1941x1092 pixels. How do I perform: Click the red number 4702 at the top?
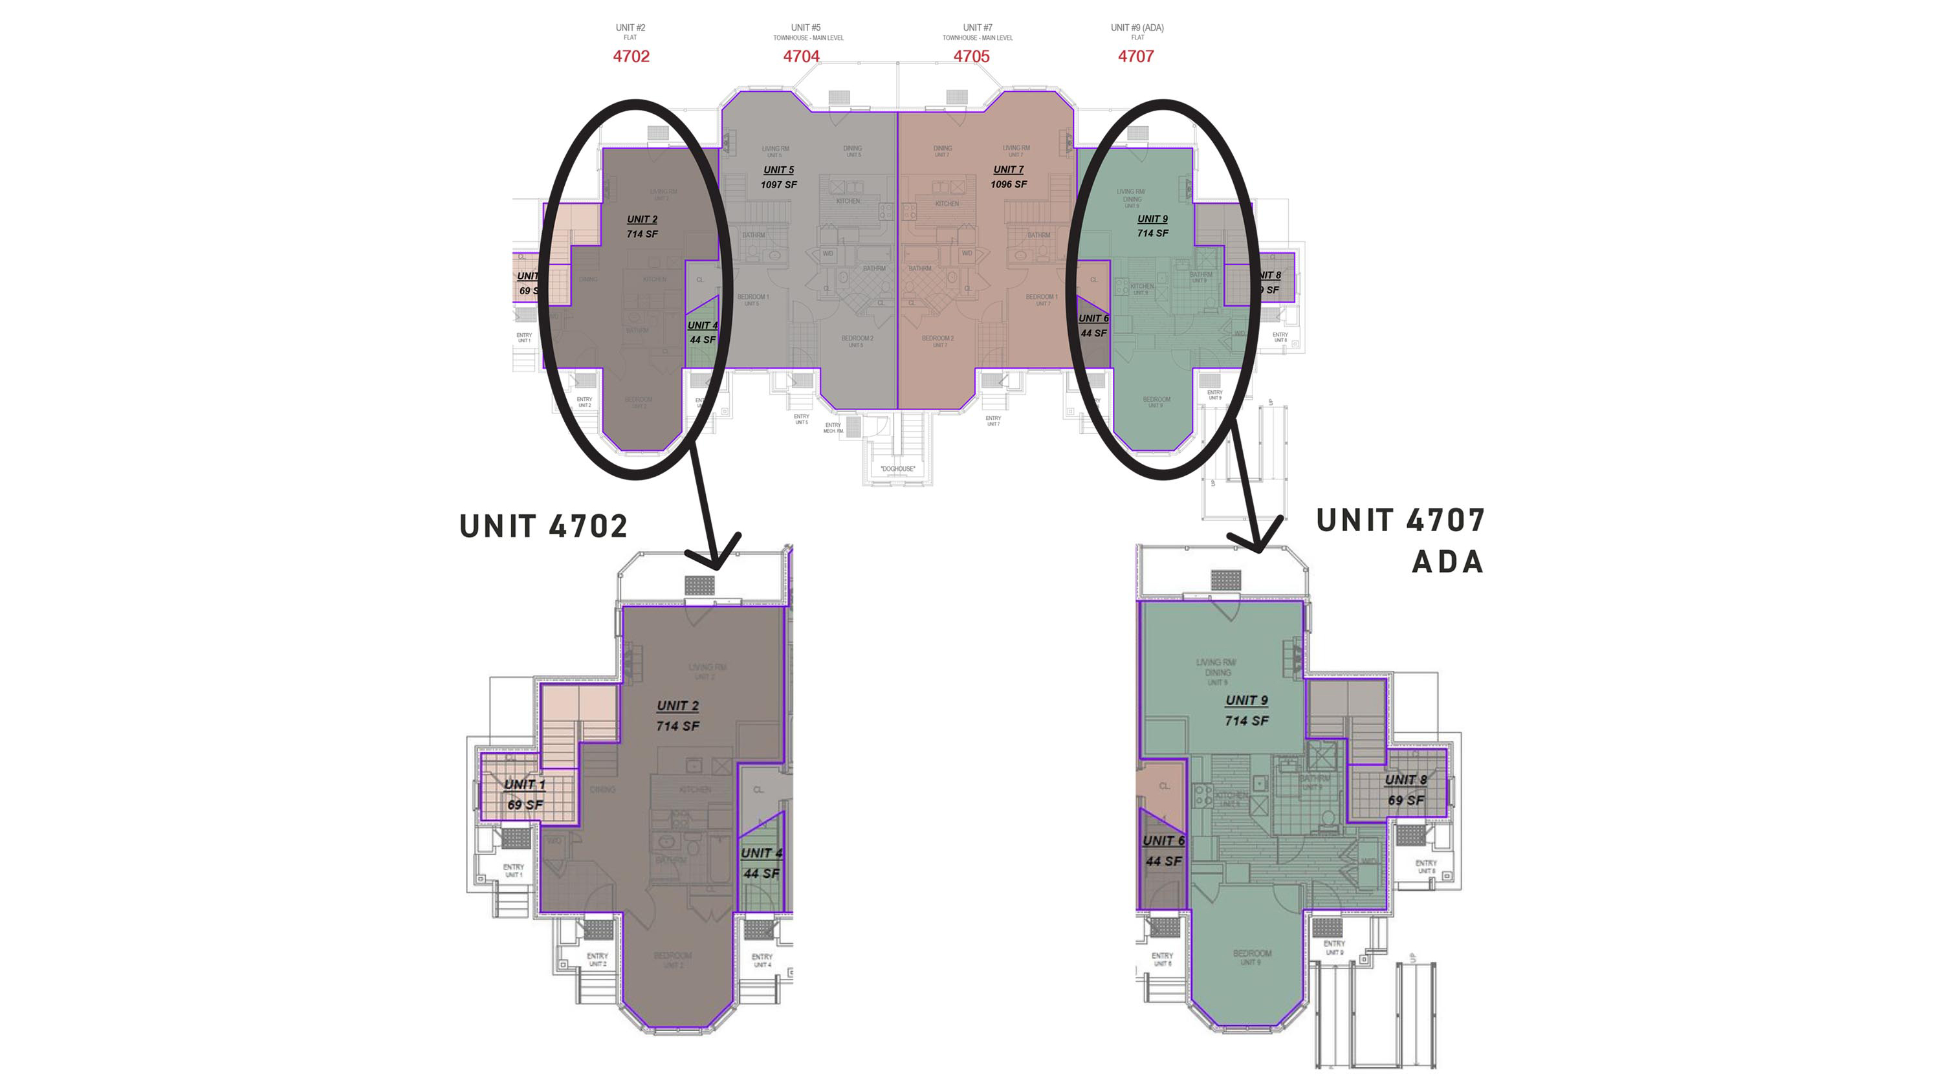pos(631,56)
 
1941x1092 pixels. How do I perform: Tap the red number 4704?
pos(801,56)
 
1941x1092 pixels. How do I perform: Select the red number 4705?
pos(971,56)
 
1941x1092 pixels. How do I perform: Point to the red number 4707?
pos(1135,56)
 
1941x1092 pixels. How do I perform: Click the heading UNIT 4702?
pos(543,526)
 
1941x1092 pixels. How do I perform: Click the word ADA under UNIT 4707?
pos(1447,562)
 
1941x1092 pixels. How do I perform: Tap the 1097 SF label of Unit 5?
pos(778,184)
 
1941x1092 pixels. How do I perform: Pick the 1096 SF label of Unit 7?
pos(1008,184)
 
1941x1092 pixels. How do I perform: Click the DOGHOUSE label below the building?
pos(897,469)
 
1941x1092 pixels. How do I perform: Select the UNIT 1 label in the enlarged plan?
pos(525,785)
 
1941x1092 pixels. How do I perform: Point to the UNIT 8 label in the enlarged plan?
pos(1405,780)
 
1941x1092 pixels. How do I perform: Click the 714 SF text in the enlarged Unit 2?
pos(677,726)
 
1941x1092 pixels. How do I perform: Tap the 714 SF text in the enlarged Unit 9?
pos(1246,721)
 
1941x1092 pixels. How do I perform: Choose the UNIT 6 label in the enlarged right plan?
pos(1163,841)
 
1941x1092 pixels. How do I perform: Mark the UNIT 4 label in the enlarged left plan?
pos(761,853)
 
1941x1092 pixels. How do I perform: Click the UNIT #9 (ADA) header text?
pos(1136,28)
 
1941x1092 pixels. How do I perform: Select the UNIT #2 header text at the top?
pos(630,28)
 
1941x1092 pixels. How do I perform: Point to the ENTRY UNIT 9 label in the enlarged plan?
pos(1333,947)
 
